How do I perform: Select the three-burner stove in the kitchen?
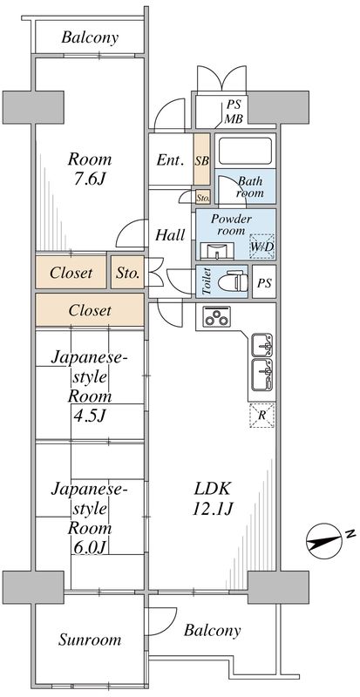pos(216,319)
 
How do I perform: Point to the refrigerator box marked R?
pos(262,416)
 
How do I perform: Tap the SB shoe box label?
pos(201,161)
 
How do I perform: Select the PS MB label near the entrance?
pos(234,111)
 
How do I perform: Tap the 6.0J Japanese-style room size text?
pos(91,547)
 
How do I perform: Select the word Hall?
pos(169,234)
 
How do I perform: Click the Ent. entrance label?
pos(169,160)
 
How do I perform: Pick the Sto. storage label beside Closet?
pos(127,273)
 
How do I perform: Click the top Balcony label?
pos(90,38)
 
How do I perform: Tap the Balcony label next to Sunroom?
pos(212,630)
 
